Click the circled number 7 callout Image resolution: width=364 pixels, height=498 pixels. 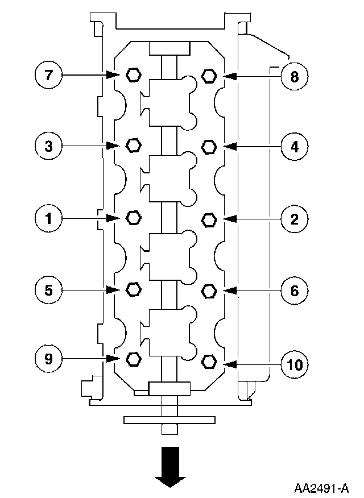tap(48, 75)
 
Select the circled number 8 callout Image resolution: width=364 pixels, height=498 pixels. tap(294, 76)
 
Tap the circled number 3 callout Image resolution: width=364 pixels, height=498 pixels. tap(48, 146)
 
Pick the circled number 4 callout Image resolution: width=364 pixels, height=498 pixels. tap(294, 147)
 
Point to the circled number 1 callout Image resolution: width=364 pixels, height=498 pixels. tap(48, 218)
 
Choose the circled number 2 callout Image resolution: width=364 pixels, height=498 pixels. tap(294, 219)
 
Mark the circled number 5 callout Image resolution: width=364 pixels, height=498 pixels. tap(48, 290)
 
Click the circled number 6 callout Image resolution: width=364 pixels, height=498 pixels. tap(294, 290)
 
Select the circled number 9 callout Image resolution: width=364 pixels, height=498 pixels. tap(48, 358)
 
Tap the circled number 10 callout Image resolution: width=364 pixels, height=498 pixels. tap(294, 363)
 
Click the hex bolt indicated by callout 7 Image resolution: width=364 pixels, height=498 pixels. tap(133, 74)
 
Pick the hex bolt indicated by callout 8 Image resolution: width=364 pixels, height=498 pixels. tap(209, 75)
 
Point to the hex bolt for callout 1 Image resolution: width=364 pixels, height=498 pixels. tap(133, 217)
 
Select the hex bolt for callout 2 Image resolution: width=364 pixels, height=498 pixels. tap(209, 219)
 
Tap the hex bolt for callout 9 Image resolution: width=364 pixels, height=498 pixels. tap(133, 359)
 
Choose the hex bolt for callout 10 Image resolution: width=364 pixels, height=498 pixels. tap(209, 362)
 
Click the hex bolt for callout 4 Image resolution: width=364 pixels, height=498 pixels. tap(209, 147)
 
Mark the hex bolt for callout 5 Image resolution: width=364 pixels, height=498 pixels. tap(133, 289)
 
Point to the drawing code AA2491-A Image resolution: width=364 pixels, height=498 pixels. tap(321, 488)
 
